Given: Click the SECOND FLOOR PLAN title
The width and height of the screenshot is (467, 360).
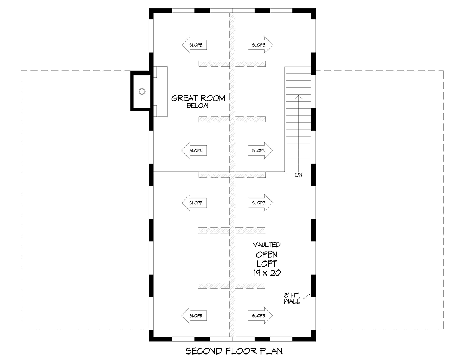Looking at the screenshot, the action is click(234, 351).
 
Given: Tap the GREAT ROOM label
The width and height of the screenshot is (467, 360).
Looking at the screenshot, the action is click(198, 98).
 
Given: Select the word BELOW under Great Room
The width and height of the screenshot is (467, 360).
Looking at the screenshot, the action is click(197, 106).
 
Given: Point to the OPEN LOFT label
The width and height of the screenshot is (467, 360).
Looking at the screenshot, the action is click(267, 259).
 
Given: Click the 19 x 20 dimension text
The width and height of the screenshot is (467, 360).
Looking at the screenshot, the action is click(267, 273).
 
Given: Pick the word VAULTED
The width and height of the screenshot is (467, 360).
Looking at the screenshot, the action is click(267, 245).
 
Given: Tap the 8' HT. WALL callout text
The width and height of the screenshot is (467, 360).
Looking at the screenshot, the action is click(292, 299).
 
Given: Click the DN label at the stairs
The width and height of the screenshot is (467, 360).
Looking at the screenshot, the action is click(299, 175).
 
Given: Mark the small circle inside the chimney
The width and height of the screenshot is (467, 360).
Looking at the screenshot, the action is click(142, 92).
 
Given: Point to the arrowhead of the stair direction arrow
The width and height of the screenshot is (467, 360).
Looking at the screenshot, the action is click(298, 95).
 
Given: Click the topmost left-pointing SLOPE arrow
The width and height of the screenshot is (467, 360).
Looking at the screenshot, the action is click(194, 45).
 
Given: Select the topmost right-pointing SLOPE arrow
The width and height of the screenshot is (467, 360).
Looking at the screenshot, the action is click(260, 45).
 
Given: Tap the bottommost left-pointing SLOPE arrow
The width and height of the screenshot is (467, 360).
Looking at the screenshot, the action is click(194, 316).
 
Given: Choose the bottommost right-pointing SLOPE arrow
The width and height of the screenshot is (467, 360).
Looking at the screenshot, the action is click(260, 316).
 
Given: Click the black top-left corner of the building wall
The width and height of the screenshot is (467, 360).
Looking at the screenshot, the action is click(151, 11).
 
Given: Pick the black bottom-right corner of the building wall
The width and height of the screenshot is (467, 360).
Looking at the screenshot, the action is click(313, 339).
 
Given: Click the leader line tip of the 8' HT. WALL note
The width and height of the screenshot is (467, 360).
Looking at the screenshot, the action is click(311, 294).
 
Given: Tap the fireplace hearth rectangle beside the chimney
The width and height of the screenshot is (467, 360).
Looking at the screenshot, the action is click(161, 92).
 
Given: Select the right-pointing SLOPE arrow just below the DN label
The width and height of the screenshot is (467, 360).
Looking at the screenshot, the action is click(260, 203).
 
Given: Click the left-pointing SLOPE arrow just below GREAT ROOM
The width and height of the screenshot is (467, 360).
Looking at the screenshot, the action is click(194, 150).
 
